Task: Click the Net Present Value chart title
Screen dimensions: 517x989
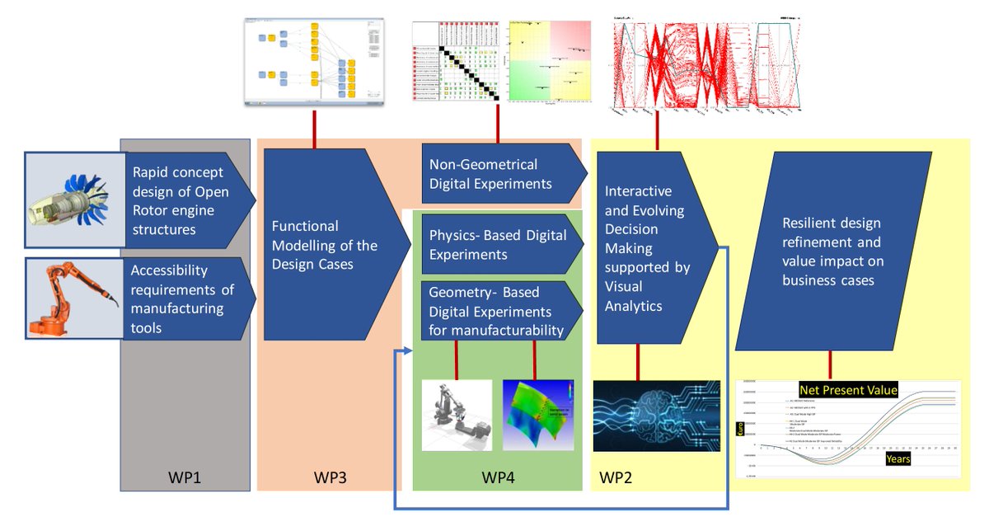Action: [x=848, y=389]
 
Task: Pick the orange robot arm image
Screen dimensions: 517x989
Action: [x=73, y=298]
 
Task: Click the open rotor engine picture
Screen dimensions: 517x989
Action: [x=73, y=199]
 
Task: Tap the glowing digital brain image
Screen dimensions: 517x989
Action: [x=656, y=416]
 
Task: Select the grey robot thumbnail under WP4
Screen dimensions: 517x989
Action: [x=456, y=415]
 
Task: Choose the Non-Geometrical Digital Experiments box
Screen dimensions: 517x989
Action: [x=499, y=174]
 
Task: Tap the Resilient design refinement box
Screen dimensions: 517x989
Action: [x=832, y=251]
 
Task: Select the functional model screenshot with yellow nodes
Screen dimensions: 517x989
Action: [x=314, y=61]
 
